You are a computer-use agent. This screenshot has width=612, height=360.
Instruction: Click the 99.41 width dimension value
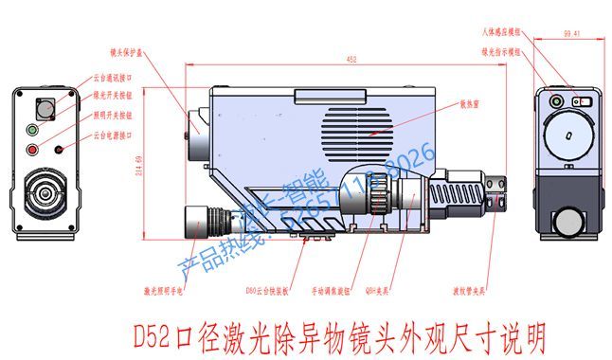570,34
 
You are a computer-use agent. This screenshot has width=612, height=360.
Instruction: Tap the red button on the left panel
32,149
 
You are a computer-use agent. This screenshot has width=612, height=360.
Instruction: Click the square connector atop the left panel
43,106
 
